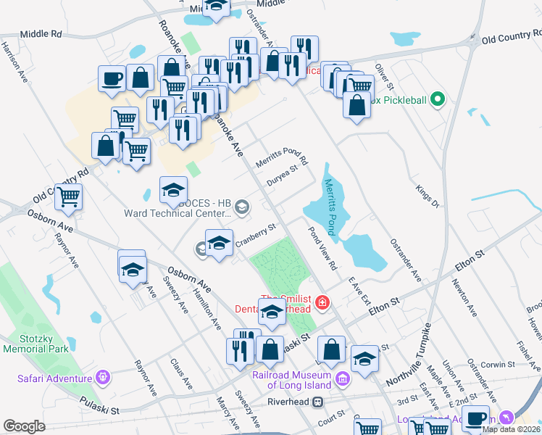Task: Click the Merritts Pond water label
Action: [331, 207]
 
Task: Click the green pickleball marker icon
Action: [437, 99]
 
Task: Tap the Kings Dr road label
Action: [428, 196]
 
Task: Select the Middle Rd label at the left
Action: [41, 33]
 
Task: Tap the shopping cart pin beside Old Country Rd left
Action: [68, 196]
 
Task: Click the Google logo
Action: [24, 426]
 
